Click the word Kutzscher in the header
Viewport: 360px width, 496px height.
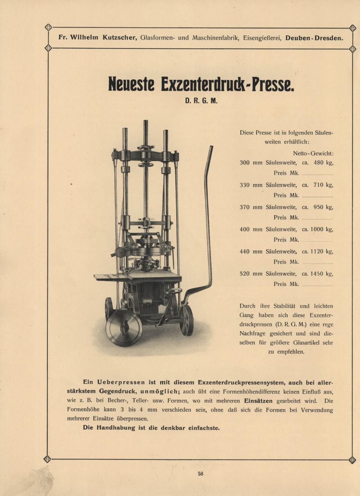[x=120, y=38]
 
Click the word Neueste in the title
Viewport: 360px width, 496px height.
[x=131, y=84]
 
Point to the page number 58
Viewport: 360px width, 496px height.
[x=200, y=474]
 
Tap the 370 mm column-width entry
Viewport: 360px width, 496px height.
[x=251, y=207]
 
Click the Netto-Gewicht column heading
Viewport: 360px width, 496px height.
[x=313, y=154]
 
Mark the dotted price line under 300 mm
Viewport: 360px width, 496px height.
[x=317, y=174]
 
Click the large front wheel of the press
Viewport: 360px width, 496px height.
[x=124, y=328]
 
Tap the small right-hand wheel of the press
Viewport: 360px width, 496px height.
[x=187, y=320]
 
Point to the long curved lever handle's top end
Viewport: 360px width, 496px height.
[x=211, y=148]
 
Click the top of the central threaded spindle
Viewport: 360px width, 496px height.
[x=146, y=122]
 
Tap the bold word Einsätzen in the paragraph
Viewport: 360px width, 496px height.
[x=258, y=401]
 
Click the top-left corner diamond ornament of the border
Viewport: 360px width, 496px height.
[x=49, y=27]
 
